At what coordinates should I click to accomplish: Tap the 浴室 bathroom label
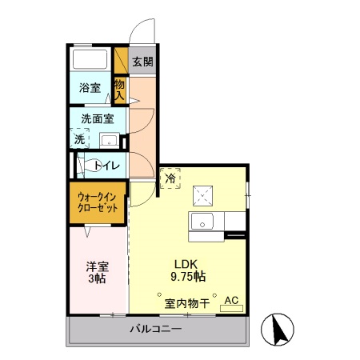pos(89,88)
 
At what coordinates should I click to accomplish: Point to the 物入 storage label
pos(120,88)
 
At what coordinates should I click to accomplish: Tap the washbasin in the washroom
pos(109,141)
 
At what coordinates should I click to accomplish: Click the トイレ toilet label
pos(108,166)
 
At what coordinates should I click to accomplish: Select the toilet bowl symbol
pos(89,166)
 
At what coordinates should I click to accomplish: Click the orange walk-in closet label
pos(98,202)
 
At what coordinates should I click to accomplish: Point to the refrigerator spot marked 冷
pos(170,179)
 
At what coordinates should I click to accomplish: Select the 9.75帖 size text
pos(189,277)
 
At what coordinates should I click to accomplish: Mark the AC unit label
pos(231,301)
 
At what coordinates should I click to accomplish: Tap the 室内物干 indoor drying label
pos(186,303)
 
